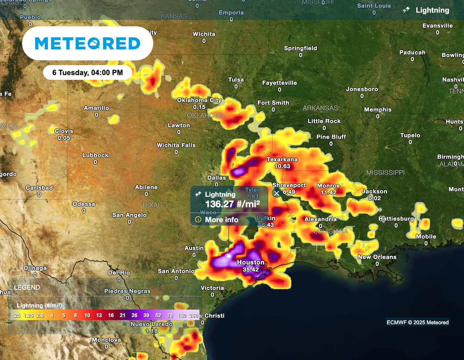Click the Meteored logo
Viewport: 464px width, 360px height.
click(x=87, y=43)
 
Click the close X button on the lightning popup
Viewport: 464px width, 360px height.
click(x=277, y=193)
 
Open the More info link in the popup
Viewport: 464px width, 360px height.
click(x=221, y=220)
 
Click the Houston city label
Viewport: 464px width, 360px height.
click(x=251, y=262)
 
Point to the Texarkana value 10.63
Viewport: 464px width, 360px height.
click(x=282, y=166)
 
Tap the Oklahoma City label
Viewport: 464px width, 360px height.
click(x=199, y=100)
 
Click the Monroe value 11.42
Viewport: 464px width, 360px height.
click(x=328, y=192)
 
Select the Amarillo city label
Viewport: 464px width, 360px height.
click(x=96, y=108)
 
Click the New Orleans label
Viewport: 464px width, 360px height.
click(x=377, y=257)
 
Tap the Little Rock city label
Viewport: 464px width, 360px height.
click(x=324, y=121)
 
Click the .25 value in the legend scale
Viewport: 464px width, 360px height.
click(x=16, y=315)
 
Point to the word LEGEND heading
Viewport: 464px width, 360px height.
click(x=27, y=288)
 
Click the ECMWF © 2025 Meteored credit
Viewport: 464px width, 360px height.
click(x=417, y=322)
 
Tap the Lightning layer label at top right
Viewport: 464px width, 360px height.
click(x=432, y=10)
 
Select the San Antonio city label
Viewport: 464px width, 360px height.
click(x=176, y=271)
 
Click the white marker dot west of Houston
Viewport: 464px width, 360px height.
click(x=229, y=256)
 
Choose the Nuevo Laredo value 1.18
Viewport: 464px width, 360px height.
click(x=151, y=331)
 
